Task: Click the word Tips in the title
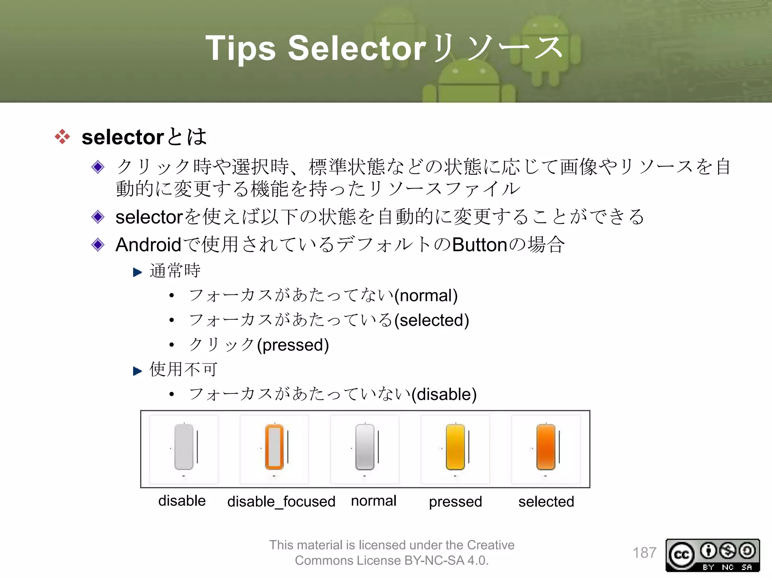(240, 48)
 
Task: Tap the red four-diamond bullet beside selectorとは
(62, 136)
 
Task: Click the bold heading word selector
(123, 137)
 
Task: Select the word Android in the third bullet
(148, 245)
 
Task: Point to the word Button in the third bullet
(479, 245)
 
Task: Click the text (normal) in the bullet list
(426, 296)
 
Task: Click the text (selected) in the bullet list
(432, 320)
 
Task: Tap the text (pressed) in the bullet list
(293, 345)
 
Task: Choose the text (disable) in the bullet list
(444, 394)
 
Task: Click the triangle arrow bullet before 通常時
(137, 272)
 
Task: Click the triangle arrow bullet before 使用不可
(137, 371)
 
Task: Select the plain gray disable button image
(184, 447)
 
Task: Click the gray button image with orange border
(274, 447)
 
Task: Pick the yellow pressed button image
(455, 447)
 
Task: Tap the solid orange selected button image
(546, 447)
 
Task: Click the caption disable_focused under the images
(281, 502)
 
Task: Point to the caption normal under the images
(374, 501)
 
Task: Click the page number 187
(644, 553)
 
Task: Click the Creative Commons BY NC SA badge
(712, 555)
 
